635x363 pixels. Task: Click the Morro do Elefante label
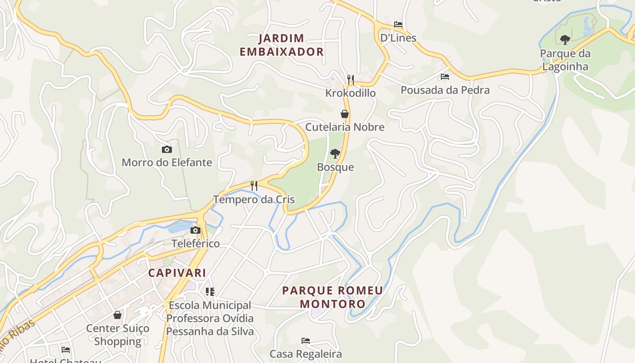click(x=166, y=162)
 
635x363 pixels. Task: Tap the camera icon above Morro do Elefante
click(x=166, y=149)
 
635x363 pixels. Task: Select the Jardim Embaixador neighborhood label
click(x=282, y=45)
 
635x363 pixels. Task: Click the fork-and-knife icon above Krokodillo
click(x=350, y=80)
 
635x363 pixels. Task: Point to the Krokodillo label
click(x=350, y=93)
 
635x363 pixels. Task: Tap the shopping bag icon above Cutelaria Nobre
click(x=345, y=114)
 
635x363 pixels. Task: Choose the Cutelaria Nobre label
click(x=345, y=127)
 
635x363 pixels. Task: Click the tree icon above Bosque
click(x=335, y=154)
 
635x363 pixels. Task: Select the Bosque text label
click(x=335, y=167)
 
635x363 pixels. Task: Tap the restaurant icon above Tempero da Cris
click(x=254, y=186)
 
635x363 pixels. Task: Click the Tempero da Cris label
click(x=254, y=199)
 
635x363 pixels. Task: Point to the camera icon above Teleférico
click(x=195, y=231)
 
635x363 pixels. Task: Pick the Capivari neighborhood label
click(x=177, y=273)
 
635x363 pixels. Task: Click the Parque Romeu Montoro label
click(x=332, y=297)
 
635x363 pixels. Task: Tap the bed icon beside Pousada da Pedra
click(x=445, y=77)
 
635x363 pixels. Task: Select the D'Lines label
click(x=398, y=38)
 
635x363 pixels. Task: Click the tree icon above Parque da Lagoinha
click(x=565, y=40)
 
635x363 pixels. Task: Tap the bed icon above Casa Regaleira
click(x=306, y=341)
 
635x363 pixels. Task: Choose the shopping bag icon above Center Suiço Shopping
click(x=117, y=315)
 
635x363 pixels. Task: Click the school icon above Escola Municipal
click(x=210, y=292)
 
